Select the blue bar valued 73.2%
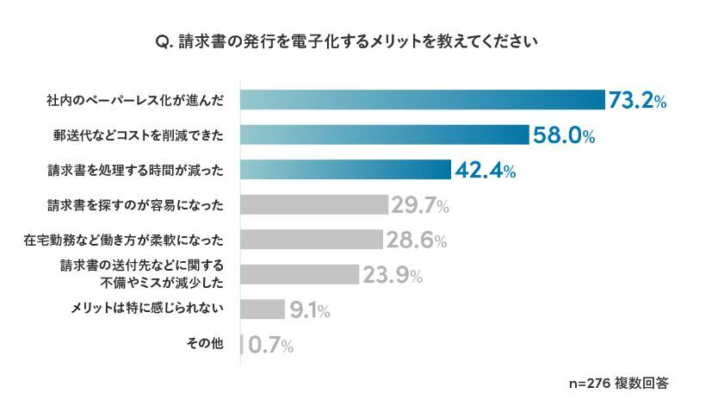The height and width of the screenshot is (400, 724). coord(422,100)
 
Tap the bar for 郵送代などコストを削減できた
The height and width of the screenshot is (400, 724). coord(384,134)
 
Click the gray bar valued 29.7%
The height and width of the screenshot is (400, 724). coord(314,205)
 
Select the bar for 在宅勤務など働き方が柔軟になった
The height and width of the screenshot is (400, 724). coord(312,240)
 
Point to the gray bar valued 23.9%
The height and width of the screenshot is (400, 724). coord(300,275)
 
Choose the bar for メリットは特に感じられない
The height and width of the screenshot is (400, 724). coord(263,309)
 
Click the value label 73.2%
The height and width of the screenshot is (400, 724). coord(637,101)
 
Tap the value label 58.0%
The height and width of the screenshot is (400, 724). coord(563,135)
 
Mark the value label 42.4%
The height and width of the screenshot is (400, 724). coord(485,171)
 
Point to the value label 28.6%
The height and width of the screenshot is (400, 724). coord(416,241)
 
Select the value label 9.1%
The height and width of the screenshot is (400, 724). coord(310,310)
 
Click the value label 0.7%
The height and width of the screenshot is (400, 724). coord(270,346)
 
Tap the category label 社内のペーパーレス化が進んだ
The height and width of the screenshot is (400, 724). coord(134,100)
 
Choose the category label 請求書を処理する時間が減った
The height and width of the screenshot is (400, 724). coord(134,170)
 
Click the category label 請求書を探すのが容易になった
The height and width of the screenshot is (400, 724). coord(134,205)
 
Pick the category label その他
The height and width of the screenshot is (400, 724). coord(205,345)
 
